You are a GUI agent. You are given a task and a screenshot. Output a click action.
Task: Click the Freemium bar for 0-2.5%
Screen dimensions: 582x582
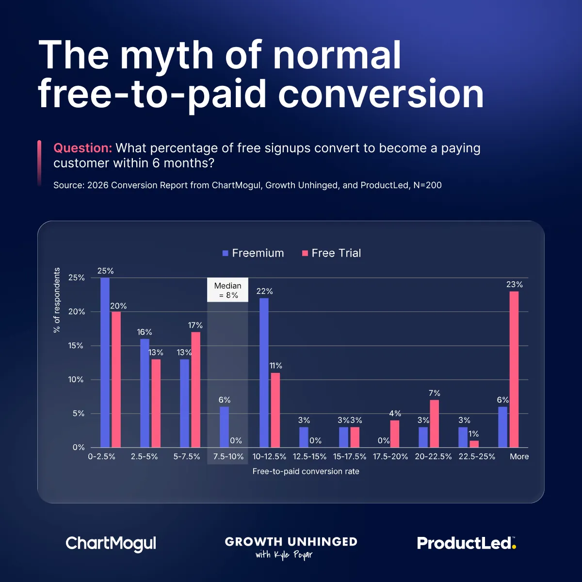coord(105,362)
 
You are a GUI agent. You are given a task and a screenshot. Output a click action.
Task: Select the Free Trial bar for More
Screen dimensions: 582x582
coord(514,369)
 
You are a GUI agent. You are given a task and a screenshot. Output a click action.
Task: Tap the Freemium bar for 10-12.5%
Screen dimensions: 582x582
coord(264,372)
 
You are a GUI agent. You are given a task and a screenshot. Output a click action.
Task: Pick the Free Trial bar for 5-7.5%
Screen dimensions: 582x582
coord(195,389)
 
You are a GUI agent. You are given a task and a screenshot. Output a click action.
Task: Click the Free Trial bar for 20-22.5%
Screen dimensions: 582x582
coord(434,423)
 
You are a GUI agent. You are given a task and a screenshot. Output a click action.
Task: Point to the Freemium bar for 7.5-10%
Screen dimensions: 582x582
coord(224,427)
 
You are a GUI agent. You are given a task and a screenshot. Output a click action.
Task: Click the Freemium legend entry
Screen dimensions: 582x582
coord(253,253)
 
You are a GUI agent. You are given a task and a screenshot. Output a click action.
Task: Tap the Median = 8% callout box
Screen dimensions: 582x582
coord(227,290)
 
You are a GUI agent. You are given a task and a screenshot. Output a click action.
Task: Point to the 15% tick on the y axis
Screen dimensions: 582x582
coord(76,346)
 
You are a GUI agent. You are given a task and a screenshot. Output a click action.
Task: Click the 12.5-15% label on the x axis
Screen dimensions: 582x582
coord(309,456)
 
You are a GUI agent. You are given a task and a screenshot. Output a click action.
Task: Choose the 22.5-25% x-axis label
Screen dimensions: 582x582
coord(477,456)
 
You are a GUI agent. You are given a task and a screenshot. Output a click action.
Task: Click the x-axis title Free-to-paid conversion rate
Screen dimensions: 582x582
coord(306,471)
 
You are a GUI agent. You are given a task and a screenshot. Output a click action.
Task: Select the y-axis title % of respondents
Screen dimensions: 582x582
coord(57,300)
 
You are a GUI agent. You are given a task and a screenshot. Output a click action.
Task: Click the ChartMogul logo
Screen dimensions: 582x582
coord(111,543)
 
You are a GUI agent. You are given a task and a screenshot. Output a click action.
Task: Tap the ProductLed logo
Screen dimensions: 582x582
coord(467,543)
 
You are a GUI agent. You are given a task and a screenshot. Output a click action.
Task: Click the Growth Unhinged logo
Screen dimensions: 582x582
coord(291,547)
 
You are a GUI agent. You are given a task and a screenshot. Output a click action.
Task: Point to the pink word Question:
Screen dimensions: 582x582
coord(82,148)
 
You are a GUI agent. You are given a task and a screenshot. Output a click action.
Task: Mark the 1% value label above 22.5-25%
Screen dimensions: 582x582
coord(474,434)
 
